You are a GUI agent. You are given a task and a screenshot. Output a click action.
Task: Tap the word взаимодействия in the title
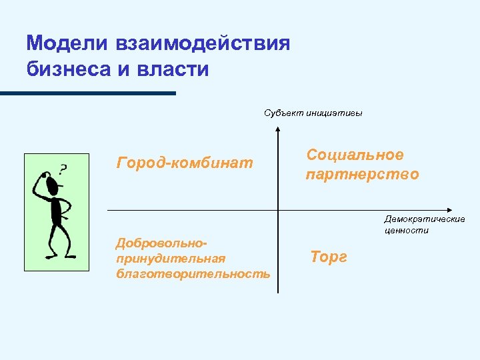point(203,44)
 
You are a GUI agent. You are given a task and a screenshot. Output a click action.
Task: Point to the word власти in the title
point(175,69)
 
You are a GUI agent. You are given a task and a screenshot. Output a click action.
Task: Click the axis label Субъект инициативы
point(313,113)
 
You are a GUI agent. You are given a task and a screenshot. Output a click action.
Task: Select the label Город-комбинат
point(185,162)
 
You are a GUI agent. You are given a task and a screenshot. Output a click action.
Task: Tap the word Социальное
point(355,155)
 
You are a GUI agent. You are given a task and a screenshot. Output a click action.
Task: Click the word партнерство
point(363,175)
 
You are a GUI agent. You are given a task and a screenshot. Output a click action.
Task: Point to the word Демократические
point(425,219)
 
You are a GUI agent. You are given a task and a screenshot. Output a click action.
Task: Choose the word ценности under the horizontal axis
point(406,231)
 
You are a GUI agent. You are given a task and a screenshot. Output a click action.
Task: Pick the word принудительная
point(171,258)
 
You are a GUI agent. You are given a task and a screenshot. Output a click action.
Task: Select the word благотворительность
point(193,273)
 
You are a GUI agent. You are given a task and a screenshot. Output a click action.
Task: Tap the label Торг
point(329,257)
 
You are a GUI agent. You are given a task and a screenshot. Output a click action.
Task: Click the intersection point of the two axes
point(277,210)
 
